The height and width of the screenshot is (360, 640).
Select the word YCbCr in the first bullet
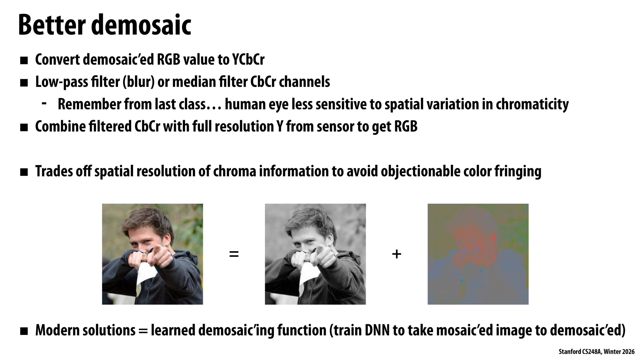[x=248, y=60]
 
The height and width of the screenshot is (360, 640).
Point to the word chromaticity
[x=532, y=104]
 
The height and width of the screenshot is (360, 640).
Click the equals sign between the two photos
[x=234, y=254]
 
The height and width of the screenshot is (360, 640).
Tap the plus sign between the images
[x=396, y=254]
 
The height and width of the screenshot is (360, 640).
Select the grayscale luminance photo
[x=315, y=254]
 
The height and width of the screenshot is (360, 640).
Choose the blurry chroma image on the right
[x=478, y=254]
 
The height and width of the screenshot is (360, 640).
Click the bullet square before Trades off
[x=24, y=172]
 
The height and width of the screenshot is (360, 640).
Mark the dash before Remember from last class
[x=44, y=104]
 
